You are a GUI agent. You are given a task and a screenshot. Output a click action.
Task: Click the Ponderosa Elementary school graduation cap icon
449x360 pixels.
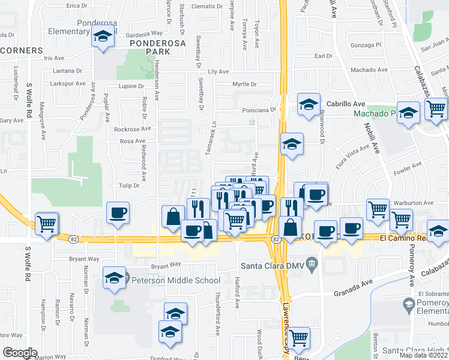click(103, 37)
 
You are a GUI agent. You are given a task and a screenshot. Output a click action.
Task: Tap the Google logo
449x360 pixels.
click(20, 353)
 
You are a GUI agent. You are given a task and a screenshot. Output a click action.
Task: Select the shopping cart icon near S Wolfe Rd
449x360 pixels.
click(46, 224)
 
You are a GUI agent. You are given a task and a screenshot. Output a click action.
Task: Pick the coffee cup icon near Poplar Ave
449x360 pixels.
click(118, 212)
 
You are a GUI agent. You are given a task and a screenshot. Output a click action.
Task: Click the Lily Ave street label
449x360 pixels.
click(218, 71)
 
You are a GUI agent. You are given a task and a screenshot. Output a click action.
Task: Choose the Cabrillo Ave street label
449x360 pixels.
click(342, 103)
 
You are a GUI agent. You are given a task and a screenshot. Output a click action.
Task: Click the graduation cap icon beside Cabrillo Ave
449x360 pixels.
click(308, 105)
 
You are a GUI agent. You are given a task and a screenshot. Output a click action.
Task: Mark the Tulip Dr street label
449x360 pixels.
click(129, 185)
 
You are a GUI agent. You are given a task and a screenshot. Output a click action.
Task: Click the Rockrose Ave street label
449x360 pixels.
click(132, 129)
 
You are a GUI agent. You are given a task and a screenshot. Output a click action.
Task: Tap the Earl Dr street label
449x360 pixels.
click(324, 56)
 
